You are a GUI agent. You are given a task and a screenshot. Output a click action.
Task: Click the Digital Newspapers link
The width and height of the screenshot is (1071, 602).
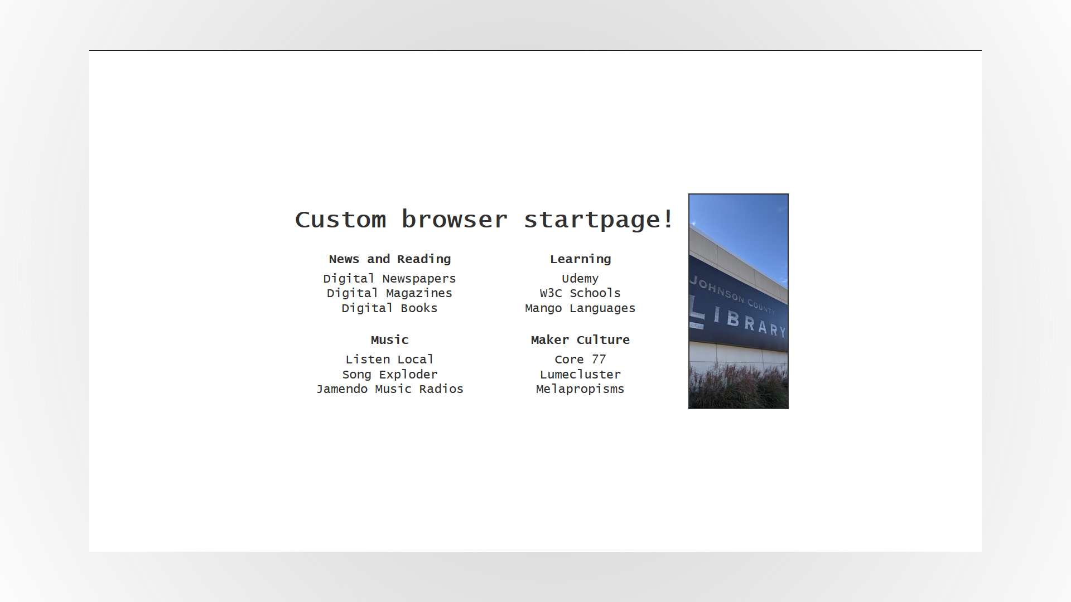(389, 279)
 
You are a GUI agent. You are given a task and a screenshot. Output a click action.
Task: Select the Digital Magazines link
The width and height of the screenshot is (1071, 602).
(389, 293)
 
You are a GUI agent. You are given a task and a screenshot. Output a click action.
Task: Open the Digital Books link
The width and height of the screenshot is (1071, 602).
(389, 308)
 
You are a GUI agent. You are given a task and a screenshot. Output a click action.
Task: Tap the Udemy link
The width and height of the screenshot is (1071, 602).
(580, 279)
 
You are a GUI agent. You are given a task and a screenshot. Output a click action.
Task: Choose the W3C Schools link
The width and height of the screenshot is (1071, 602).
(580, 293)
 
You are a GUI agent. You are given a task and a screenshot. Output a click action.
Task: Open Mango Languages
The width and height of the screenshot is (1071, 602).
(580, 308)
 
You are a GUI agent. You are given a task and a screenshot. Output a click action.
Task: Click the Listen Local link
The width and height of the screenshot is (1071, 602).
(389, 360)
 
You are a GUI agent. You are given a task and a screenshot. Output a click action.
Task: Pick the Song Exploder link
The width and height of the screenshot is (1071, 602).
(389, 375)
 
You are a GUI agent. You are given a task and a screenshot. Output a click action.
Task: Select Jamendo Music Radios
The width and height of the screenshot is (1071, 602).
(389, 389)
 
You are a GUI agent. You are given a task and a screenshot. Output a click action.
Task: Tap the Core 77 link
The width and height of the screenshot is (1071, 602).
(580, 360)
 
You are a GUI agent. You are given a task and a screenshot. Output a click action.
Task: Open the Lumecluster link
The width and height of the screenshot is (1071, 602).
(580, 375)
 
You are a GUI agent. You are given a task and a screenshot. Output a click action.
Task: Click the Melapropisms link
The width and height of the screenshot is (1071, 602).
(580, 389)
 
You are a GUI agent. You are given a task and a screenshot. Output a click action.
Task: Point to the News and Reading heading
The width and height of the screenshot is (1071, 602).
(389, 259)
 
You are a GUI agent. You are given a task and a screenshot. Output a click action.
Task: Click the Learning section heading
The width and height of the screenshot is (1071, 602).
(580, 259)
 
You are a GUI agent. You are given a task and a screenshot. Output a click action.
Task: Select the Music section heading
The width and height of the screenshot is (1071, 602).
(389, 340)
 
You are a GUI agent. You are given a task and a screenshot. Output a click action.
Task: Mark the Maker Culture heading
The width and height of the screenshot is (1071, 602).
(580, 340)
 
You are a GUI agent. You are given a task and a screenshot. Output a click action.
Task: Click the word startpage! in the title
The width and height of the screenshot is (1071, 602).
(599, 220)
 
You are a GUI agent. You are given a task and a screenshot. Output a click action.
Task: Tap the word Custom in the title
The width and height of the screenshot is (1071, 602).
(340, 220)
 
